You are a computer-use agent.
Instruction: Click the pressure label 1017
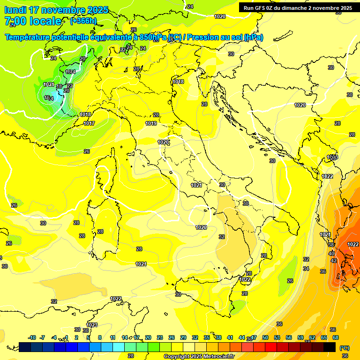(89, 123)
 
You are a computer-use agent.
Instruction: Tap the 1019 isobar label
(151, 124)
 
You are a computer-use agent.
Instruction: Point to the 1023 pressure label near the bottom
(92, 325)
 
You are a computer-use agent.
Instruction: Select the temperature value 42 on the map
(334, 261)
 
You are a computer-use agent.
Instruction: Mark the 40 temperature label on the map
(332, 254)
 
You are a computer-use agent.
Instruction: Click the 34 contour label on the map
(306, 269)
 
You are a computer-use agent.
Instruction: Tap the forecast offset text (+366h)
(84, 21)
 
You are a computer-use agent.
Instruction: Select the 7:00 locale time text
(33, 21)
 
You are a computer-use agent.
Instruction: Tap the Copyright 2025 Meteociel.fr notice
(198, 356)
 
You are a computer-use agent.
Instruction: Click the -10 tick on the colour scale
(32, 337)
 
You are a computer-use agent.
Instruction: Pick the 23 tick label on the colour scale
(160, 337)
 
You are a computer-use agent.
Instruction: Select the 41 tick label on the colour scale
(230, 337)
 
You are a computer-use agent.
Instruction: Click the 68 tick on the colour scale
(336, 337)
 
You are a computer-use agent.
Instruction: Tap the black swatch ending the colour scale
(330, 347)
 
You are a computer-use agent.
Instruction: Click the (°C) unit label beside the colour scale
(344, 347)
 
